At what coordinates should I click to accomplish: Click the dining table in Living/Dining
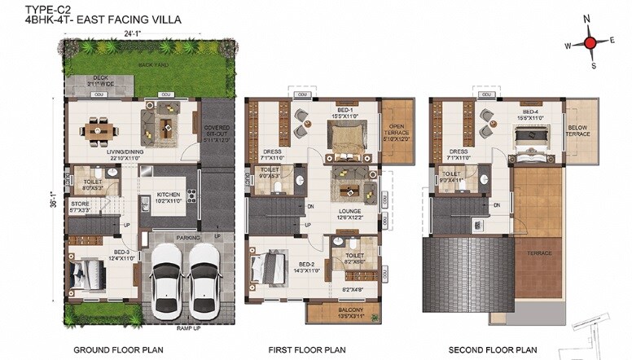98,129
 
